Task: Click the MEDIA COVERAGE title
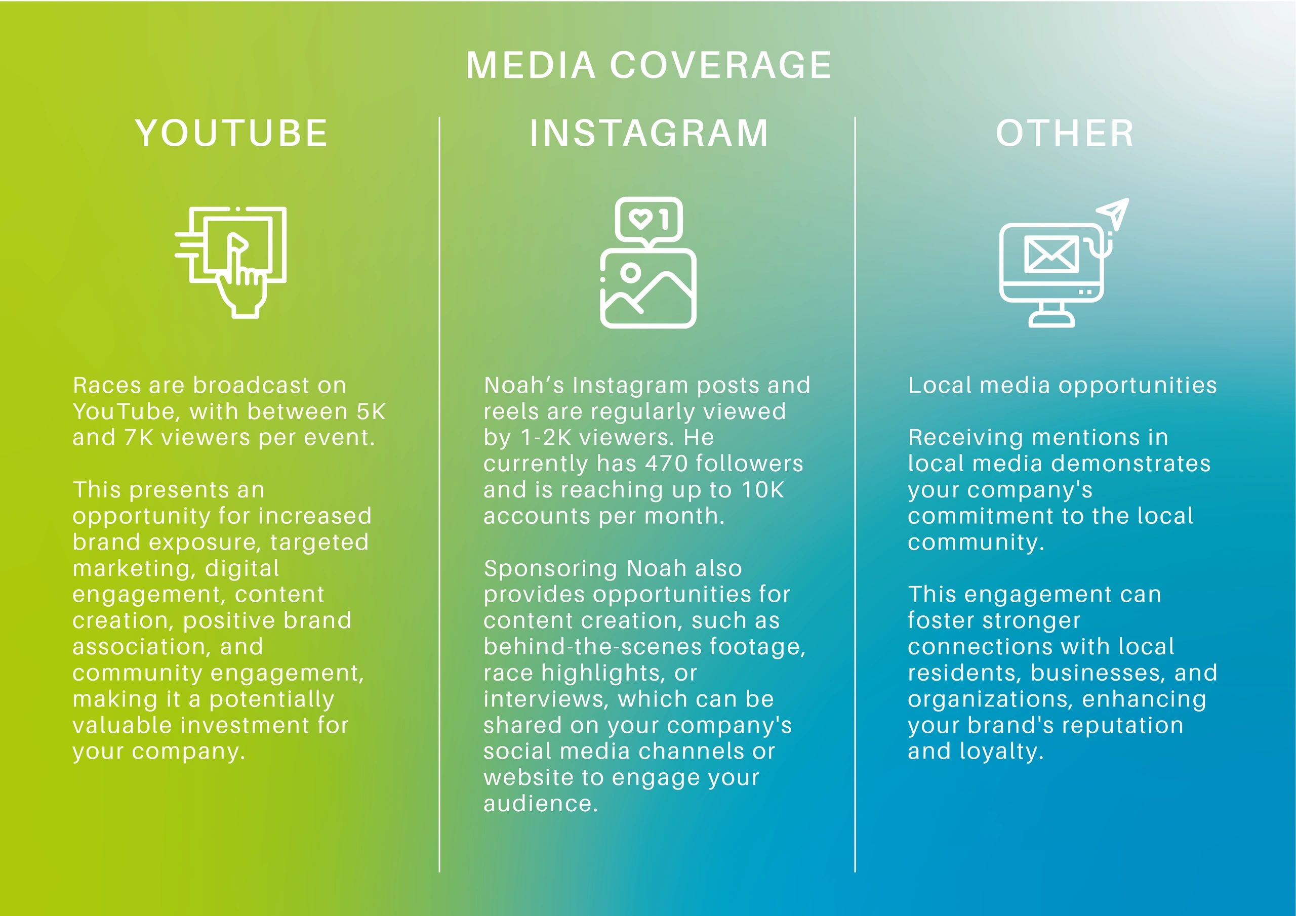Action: (649, 65)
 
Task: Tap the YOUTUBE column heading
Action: (231, 133)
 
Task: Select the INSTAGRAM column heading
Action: (649, 133)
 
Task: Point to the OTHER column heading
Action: (1065, 133)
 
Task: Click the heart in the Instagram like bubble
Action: (641, 219)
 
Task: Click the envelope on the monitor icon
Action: (1051, 255)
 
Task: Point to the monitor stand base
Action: (1051, 321)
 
